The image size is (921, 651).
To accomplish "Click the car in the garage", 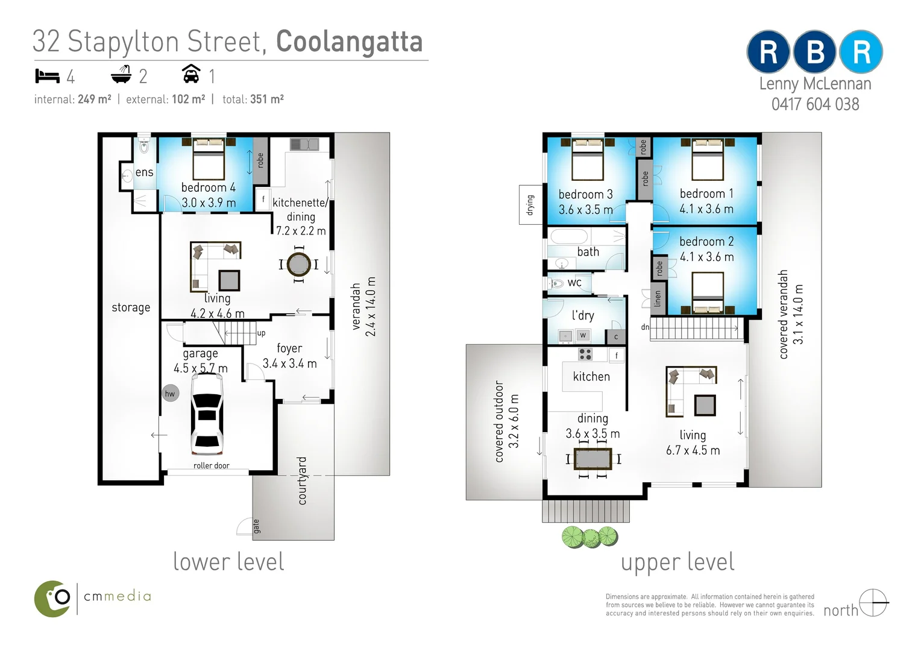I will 207,414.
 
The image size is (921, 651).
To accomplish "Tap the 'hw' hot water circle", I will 170,394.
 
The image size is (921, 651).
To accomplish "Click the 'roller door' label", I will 211,465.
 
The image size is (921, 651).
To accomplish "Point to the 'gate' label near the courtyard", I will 256,526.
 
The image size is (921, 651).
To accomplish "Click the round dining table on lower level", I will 298,265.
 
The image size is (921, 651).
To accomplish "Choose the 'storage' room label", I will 131,307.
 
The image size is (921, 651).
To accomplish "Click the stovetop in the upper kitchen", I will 585,354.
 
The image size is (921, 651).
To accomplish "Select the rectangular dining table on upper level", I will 593,459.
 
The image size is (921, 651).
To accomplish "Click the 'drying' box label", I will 530,205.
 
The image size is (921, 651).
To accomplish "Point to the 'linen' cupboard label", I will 658,298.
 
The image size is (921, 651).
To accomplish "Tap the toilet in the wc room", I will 556,283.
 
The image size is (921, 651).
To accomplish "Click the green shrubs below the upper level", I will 590,536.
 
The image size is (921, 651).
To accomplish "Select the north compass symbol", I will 873,603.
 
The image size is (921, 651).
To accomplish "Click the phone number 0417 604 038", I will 815,104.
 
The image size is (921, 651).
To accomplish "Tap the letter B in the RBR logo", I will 815,52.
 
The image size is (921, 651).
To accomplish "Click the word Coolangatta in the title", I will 349,42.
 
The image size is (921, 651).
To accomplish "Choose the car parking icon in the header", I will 191,74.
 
